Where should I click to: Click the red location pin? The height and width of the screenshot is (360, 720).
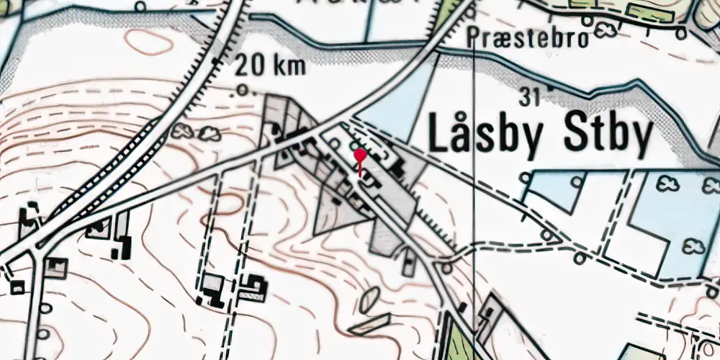[359, 156]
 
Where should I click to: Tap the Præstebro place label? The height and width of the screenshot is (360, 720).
[528, 37]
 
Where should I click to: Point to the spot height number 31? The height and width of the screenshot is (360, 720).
[529, 95]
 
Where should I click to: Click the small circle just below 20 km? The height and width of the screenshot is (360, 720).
[243, 91]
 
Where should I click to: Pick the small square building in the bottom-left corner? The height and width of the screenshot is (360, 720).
[17, 289]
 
